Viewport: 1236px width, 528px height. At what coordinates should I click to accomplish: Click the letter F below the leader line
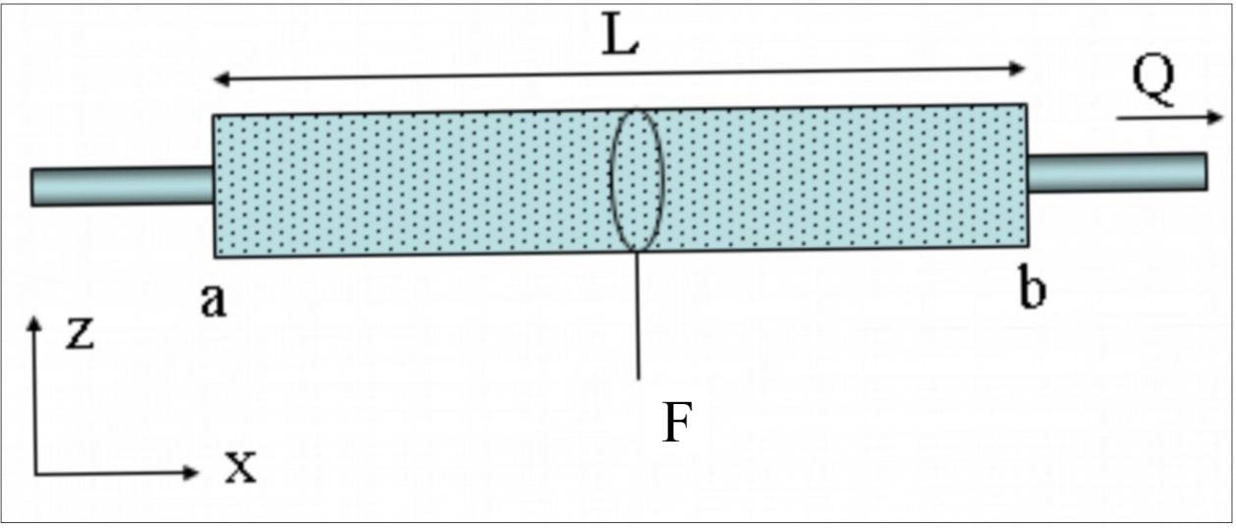(673, 424)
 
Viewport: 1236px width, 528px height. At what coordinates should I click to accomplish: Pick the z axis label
(78, 334)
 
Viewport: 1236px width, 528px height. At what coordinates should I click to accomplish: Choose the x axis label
(239, 469)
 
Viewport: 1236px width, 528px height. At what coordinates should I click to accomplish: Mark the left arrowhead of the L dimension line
(222, 81)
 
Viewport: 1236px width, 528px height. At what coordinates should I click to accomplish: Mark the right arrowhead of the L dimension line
(1019, 67)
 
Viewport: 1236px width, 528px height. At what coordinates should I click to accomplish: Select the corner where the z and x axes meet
(35, 473)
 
